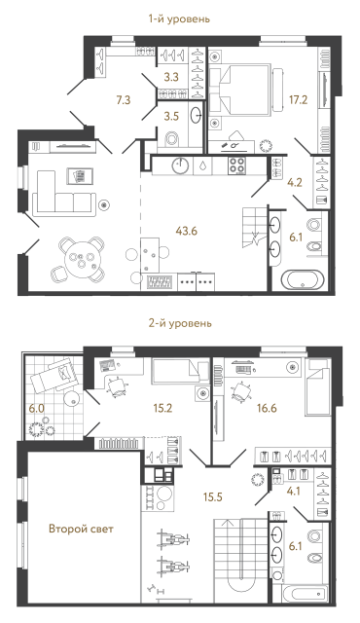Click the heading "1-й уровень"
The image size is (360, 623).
point(179,18)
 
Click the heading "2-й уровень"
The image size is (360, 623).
point(179,323)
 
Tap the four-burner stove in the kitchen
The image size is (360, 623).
point(239,165)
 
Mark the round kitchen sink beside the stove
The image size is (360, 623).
point(181,165)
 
